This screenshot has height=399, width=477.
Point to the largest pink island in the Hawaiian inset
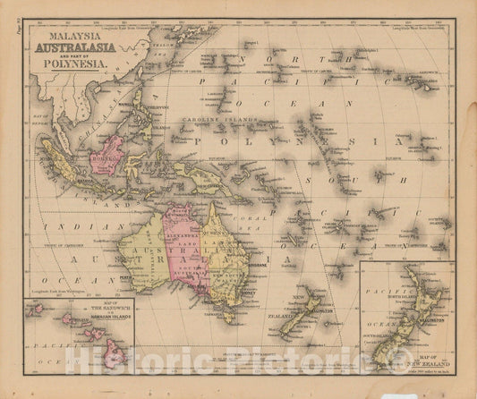pos(114,357)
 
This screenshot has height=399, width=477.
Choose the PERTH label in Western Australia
pos(138,276)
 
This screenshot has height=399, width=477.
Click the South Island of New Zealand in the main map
pos(295,321)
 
